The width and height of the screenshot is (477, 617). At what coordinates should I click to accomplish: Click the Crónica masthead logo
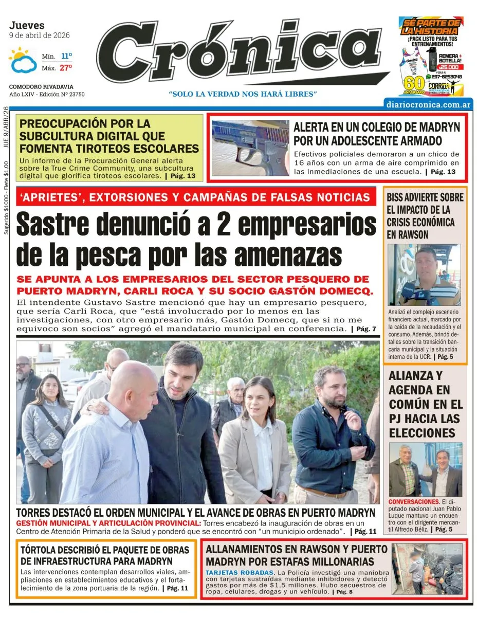tap(242, 53)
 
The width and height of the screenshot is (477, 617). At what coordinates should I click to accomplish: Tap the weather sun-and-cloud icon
tap(23, 60)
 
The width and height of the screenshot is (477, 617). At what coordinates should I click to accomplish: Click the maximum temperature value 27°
tap(66, 67)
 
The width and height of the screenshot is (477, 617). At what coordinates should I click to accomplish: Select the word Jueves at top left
tap(27, 25)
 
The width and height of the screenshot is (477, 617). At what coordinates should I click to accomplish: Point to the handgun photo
tap(250, 148)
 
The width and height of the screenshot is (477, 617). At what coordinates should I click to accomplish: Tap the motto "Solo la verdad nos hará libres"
tap(243, 94)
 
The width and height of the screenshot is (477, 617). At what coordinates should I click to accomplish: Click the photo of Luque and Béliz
tap(425, 469)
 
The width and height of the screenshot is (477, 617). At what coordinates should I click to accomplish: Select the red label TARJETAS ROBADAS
tap(239, 572)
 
